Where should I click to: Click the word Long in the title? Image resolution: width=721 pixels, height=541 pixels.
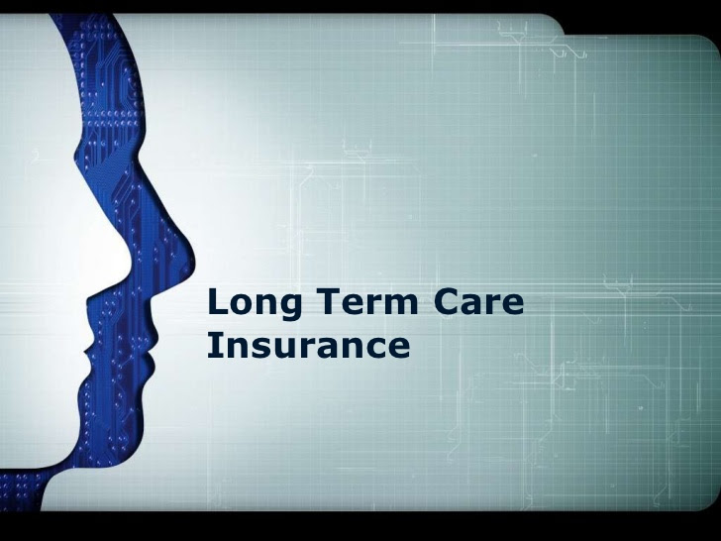[255, 303]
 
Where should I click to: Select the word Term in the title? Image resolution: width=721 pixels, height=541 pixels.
[367, 301]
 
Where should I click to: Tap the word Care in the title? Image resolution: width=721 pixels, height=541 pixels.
[478, 301]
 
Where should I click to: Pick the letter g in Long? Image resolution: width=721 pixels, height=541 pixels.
[290, 307]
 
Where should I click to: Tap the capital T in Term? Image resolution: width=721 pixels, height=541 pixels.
[329, 301]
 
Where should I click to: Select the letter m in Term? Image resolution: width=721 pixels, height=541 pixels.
[400, 304]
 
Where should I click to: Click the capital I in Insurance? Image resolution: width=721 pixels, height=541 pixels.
[212, 345]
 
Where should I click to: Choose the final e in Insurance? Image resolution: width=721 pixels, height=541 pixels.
[398, 349]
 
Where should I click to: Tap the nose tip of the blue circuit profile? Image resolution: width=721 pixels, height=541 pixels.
[193, 266]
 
